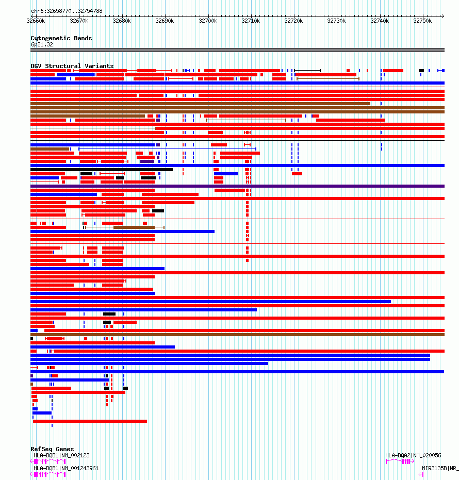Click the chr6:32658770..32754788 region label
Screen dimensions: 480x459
tap(67, 11)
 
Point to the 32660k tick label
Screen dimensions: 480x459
tap(36, 21)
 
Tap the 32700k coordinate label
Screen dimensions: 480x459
tap(208, 21)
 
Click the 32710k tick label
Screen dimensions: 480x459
tap(251, 21)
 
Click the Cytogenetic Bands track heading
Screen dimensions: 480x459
tap(61, 38)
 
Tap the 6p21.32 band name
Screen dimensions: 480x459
tap(42, 44)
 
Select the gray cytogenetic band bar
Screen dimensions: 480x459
tap(237, 50)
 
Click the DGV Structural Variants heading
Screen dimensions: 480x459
tap(72, 66)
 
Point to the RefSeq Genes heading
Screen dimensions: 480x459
tap(52, 449)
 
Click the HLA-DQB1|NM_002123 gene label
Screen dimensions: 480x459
tap(61, 455)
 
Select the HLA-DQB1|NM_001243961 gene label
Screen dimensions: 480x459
tap(66, 468)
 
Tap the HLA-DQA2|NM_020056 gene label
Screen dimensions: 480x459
tap(413, 455)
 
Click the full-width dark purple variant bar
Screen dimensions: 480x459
tap(237, 186)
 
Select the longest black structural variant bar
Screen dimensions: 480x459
tap(102, 170)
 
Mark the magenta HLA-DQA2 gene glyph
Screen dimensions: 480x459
tap(400, 461)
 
